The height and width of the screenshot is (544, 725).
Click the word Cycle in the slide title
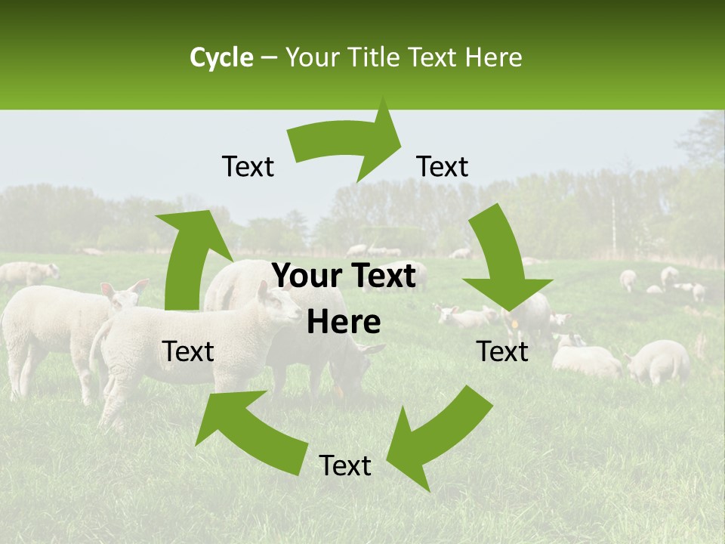coord(221,57)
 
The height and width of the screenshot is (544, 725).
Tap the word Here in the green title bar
coord(491,57)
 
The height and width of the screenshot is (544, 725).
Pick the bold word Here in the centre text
coord(344,323)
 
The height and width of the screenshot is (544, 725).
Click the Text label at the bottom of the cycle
coord(345,466)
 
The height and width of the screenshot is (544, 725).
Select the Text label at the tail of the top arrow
coord(248,166)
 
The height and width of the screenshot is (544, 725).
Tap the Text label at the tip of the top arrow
coord(443,166)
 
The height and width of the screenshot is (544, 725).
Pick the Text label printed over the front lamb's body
coord(189,351)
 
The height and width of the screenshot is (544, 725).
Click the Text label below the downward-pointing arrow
coord(502,351)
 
